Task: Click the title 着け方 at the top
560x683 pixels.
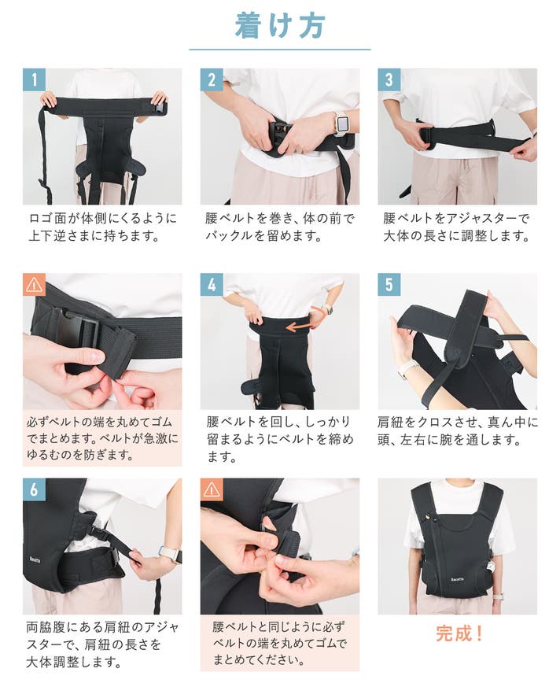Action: click(x=279, y=25)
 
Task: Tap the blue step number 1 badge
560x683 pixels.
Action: click(x=34, y=79)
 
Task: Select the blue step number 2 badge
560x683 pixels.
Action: click(x=212, y=79)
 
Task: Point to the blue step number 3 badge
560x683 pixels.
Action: click(x=389, y=79)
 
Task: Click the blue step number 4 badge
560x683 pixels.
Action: click(x=212, y=285)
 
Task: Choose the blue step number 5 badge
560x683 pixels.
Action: click(x=389, y=285)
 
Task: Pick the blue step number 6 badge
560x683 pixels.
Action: click(x=34, y=490)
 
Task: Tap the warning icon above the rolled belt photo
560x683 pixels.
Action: click(x=34, y=285)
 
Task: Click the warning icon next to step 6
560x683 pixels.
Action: click(x=212, y=490)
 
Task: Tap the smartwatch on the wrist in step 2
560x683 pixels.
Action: click(x=341, y=124)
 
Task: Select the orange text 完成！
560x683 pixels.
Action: click(x=459, y=633)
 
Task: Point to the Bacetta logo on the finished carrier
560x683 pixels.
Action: click(x=457, y=579)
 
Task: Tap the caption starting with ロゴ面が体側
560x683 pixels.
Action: click(x=102, y=227)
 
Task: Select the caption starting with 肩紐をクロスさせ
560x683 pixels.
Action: click(x=457, y=431)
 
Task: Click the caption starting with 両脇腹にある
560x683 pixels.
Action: click(x=102, y=644)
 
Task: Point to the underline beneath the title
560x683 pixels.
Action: click(x=279, y=50)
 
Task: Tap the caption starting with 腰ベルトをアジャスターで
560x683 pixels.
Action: click(x=456, y=227)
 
